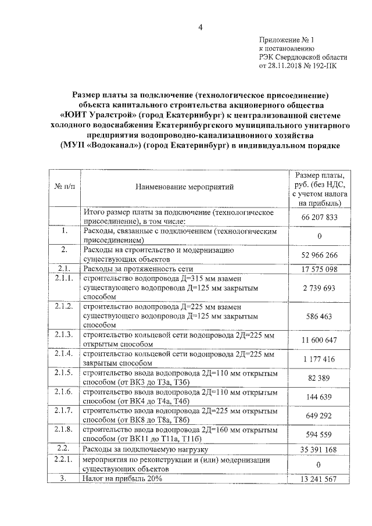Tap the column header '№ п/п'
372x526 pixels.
click(65, 188)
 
